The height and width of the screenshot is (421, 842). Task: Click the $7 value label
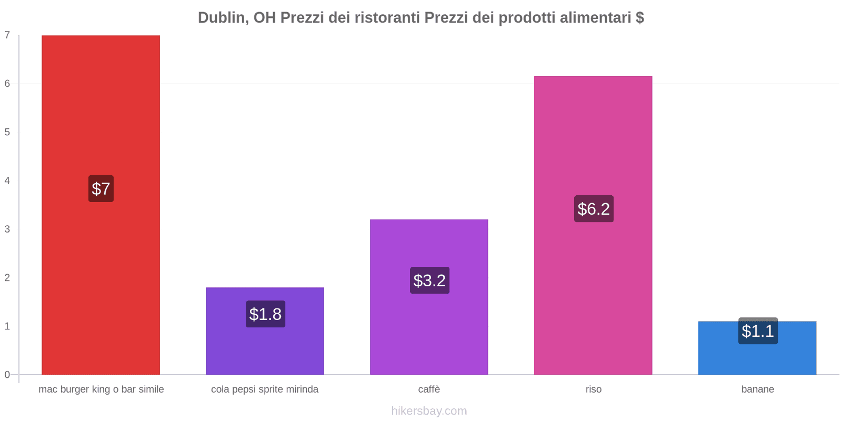tap(101, 188)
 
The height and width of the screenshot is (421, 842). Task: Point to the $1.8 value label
tap(265, 314)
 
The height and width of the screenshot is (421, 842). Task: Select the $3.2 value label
tap(429, 280)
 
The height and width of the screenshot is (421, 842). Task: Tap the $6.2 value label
tap(594, 209)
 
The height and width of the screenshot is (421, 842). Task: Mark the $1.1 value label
tap(758, 331)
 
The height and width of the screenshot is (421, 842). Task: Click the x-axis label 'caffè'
tap(429, 389)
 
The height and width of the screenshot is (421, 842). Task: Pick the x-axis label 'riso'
tap(593, 389)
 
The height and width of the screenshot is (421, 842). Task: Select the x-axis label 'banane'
tap(757, 389)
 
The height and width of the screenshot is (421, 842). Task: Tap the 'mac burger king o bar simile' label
tap(101, 389)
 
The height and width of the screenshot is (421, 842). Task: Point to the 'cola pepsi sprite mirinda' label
tap(265, 389)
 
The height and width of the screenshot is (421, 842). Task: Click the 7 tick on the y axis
tap(7, 35)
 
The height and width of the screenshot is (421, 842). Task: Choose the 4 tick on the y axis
tap(7, 181)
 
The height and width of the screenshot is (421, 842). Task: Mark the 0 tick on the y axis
tap(7, 375)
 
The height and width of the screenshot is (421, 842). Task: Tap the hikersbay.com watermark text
tap(429, 411)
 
